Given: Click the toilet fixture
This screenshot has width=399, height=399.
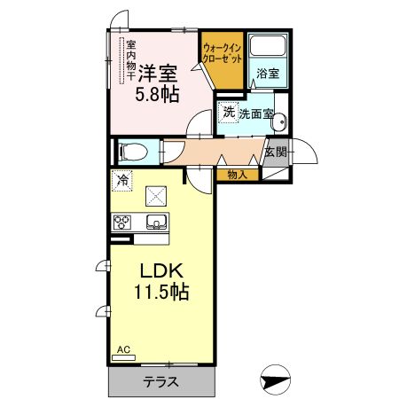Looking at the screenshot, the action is (133, 152).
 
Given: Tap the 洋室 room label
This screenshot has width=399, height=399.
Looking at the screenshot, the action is (158, 73).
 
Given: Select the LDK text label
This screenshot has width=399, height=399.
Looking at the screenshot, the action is (161, 270).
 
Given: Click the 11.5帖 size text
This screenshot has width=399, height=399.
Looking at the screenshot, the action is (161, 292).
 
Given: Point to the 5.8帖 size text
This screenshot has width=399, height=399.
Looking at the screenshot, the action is (157, 94).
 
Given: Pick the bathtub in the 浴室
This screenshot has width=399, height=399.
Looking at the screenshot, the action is (268, 45).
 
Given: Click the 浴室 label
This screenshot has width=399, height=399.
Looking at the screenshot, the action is (268, 73).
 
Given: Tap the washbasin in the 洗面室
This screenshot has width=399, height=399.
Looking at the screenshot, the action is (279, 121).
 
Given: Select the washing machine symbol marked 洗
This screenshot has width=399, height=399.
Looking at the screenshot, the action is (228, 113).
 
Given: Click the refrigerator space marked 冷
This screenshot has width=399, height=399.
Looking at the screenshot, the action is (122, 181).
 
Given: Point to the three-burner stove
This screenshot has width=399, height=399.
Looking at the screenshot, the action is (122, 222).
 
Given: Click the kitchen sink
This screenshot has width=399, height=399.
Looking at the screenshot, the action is (157, 222).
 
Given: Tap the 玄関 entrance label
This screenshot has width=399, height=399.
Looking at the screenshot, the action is (276, 152).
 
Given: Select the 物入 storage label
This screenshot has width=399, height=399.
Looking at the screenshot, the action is (237, 175).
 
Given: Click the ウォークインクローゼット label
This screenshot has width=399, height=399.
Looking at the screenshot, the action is (223, 53).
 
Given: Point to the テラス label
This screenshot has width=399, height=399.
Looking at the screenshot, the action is (161, 382).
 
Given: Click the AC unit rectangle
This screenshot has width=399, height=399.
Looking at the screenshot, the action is (123, 357).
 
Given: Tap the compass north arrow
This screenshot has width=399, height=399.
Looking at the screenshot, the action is (275, 379).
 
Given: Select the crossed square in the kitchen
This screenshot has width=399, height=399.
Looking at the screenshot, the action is (156, 196).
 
